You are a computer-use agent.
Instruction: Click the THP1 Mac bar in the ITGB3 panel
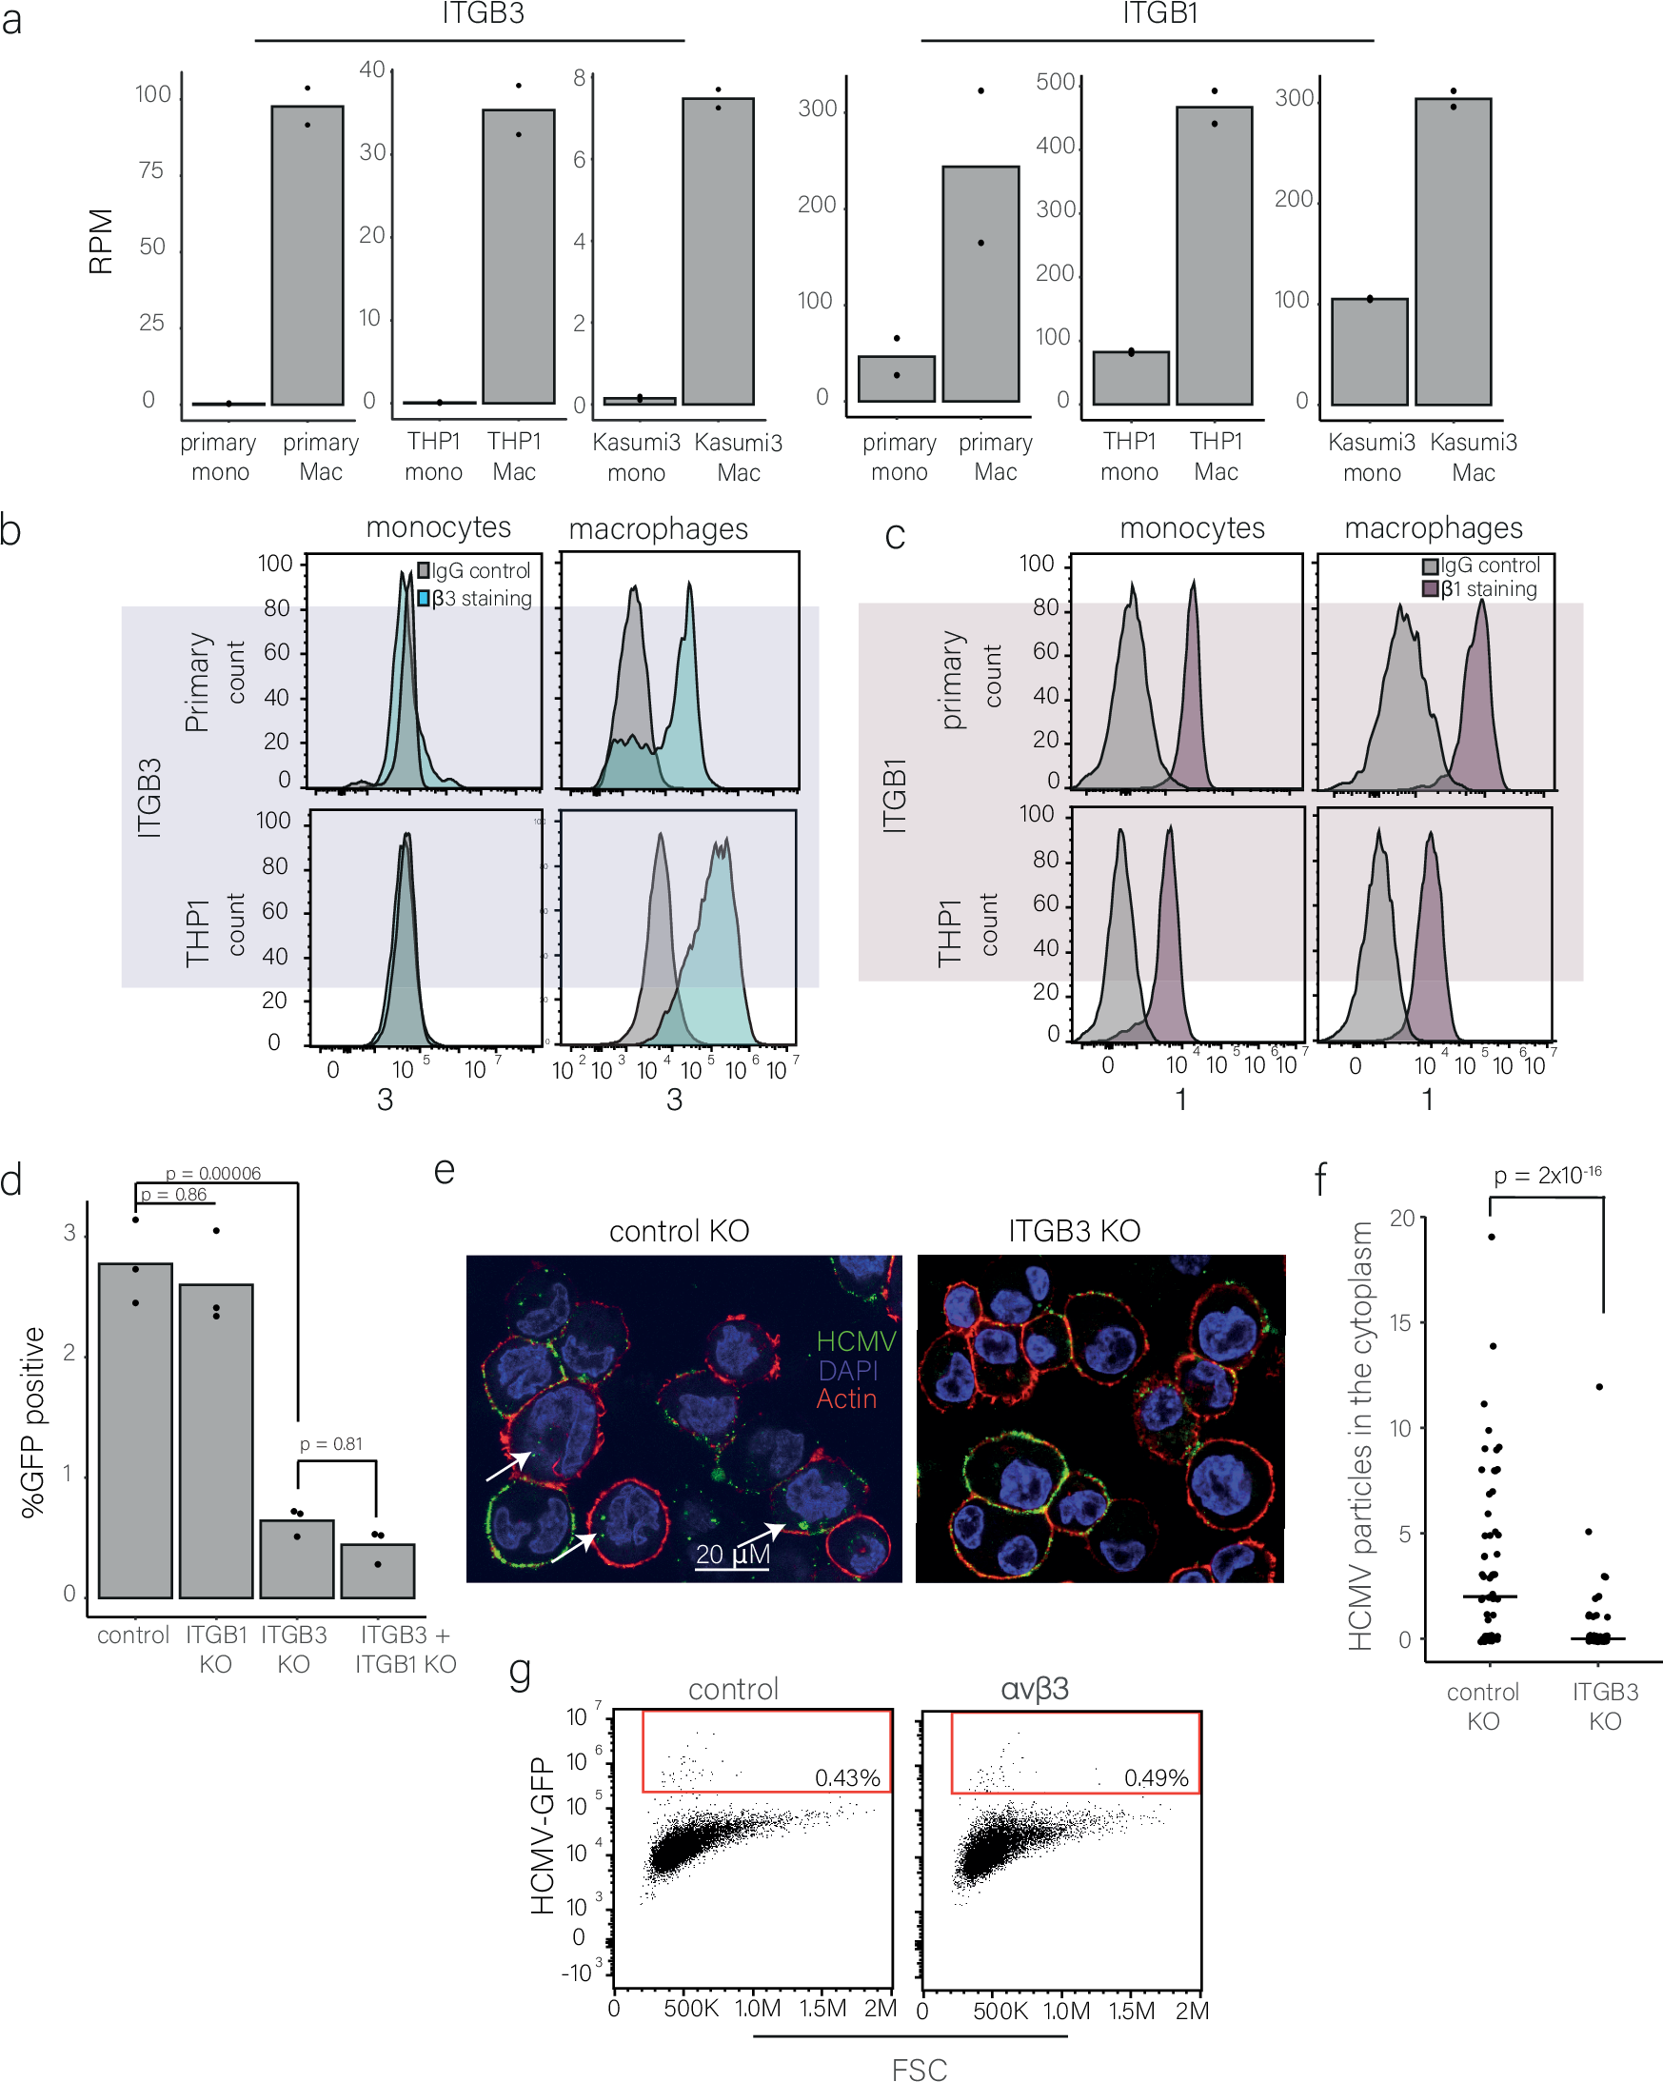click(x=519, y=256)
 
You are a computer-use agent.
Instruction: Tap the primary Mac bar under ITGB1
click(x=980, y=284)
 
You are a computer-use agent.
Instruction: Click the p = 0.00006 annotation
click(x=212, y=1173)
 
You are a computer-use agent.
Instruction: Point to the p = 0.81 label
click(x=330, y=1443)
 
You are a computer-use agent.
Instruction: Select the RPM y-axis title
click(x=101, y=242)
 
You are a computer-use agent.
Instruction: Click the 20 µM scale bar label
click(x=732, y=1554)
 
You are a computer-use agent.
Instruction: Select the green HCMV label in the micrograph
click(x=856, y=1341)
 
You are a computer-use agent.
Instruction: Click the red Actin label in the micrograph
click(x=846, y=1398)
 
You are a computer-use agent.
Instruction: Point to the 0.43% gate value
click(x=847, y=1777)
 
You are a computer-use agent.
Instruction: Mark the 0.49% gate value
click(x=1156, y=1777)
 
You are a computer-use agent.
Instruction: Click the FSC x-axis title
click(x=919, y=2069)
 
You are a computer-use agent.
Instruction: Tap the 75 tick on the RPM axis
click(x=150, y=171)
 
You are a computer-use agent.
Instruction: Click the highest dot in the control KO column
click(x=1491, y=1237)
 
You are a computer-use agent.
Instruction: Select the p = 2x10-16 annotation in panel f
click(x=1547, y=1175)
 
